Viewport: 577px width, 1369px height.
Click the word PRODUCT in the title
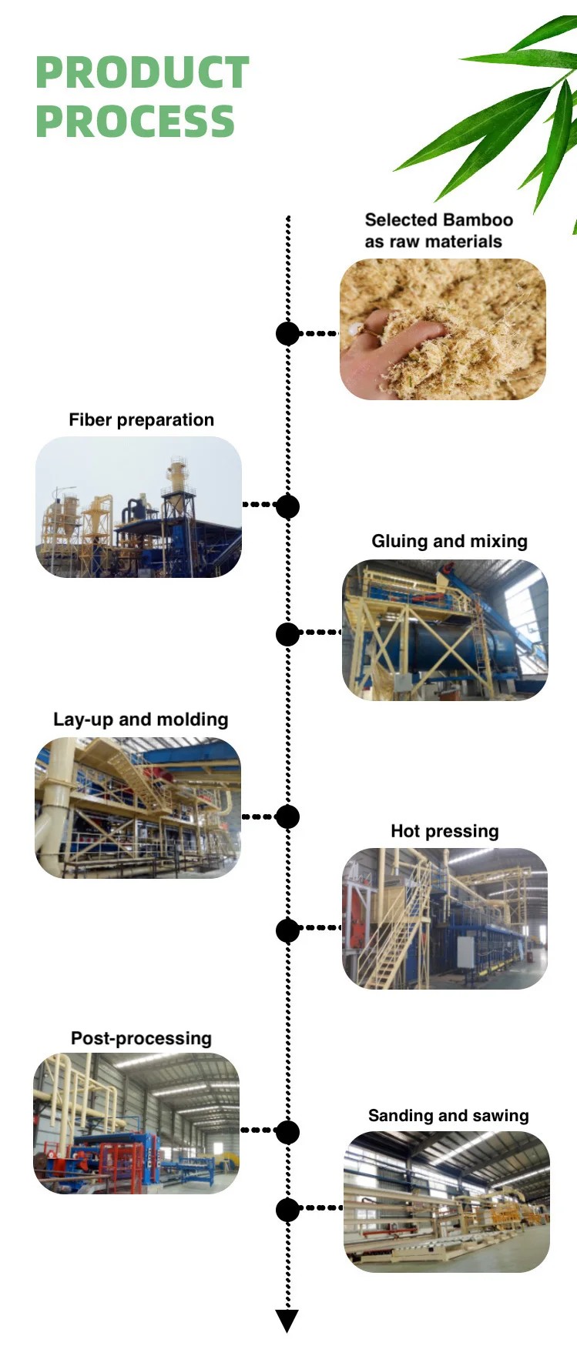click(143, 73)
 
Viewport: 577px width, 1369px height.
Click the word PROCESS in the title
click(135, 122)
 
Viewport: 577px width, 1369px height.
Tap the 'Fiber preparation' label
click(141, 420)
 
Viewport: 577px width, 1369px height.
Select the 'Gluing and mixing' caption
click(449, 542)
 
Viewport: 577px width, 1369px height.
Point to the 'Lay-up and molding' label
click(140, 720)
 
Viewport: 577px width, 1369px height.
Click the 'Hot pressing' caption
click(444, 832)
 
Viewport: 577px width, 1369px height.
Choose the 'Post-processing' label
click(141, 1039)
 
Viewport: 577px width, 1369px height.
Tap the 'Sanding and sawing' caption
click(448, 1116)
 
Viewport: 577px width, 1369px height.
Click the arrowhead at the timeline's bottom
click(287, 1321)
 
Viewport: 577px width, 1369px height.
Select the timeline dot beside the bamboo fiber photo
click(287, 334)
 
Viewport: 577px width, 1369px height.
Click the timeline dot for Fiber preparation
click(287, 506)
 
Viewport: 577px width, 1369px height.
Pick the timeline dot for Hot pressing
click(287, 930)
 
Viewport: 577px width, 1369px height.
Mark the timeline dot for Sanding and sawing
click(287, 1210)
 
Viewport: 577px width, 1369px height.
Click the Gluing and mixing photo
click(444, 630)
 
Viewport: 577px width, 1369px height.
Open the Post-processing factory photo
click(136, 1124)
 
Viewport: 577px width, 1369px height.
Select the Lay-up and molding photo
click(138, 808)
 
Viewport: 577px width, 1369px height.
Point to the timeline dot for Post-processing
click(287, 1132)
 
